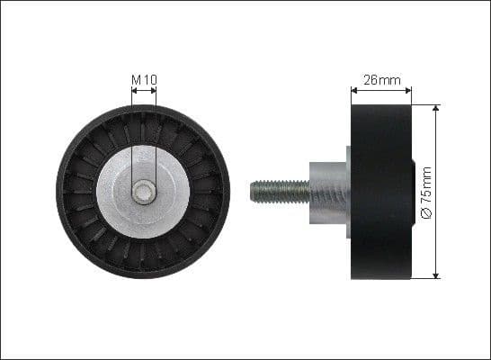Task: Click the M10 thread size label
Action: click(x=144, y=81)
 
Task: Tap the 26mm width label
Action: click(x=380, y=80)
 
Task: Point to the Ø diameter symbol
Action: click(x=426, y=212)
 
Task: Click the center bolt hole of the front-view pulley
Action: click(x=143, y=192)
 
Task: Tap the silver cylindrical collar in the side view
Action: click(x=326, y=192)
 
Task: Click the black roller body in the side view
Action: click(x=379, y=192)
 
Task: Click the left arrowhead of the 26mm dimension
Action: click(x=353, y=90)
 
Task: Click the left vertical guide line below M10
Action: click(x=131, y=135)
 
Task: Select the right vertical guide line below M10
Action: click(x=156, y=135)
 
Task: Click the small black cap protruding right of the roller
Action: click(x=413, y=192)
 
